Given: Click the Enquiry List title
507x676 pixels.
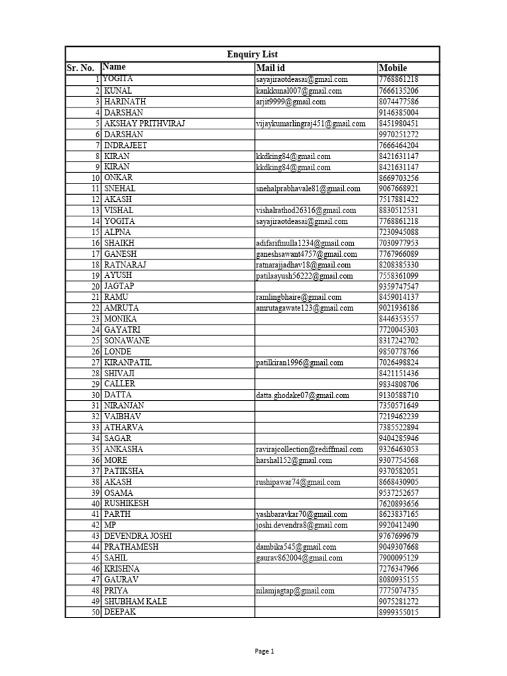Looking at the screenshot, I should tap(252, 54).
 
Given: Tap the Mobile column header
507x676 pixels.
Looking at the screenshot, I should tap(393, 67).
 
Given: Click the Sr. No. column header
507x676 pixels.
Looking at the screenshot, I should tap(82, 68).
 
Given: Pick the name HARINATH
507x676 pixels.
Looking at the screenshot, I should tap(125, 102).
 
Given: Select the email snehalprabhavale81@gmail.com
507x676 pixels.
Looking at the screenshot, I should tap(308, 188).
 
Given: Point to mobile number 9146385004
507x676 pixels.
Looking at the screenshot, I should tap(399, 113).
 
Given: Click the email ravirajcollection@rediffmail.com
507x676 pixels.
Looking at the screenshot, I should tap(310, 449).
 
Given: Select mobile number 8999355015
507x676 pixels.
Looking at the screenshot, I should tap(399, 612).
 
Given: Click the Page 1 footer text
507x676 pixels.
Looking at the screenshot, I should tap(264, 651).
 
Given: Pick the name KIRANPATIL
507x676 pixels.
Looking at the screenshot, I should tap(128, 362).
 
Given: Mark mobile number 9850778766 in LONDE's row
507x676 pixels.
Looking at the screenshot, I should tap(399, 351).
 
